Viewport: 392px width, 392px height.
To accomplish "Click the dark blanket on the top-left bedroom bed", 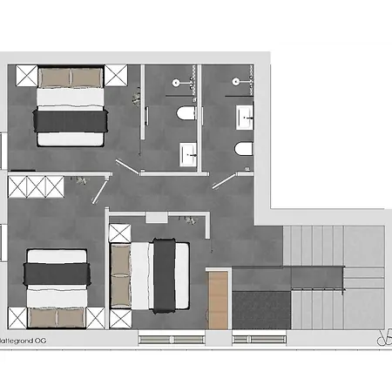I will pos(70,117).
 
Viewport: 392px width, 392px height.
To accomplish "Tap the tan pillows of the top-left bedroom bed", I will pos(70,78).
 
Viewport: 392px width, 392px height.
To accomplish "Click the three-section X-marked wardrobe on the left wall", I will pos(35,186).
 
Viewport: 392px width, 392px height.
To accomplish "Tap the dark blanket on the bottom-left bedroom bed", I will pos(57,272).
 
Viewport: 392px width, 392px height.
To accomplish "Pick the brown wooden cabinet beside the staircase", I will pos(218,298).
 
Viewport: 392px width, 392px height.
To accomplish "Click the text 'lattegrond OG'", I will pos(24,342).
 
